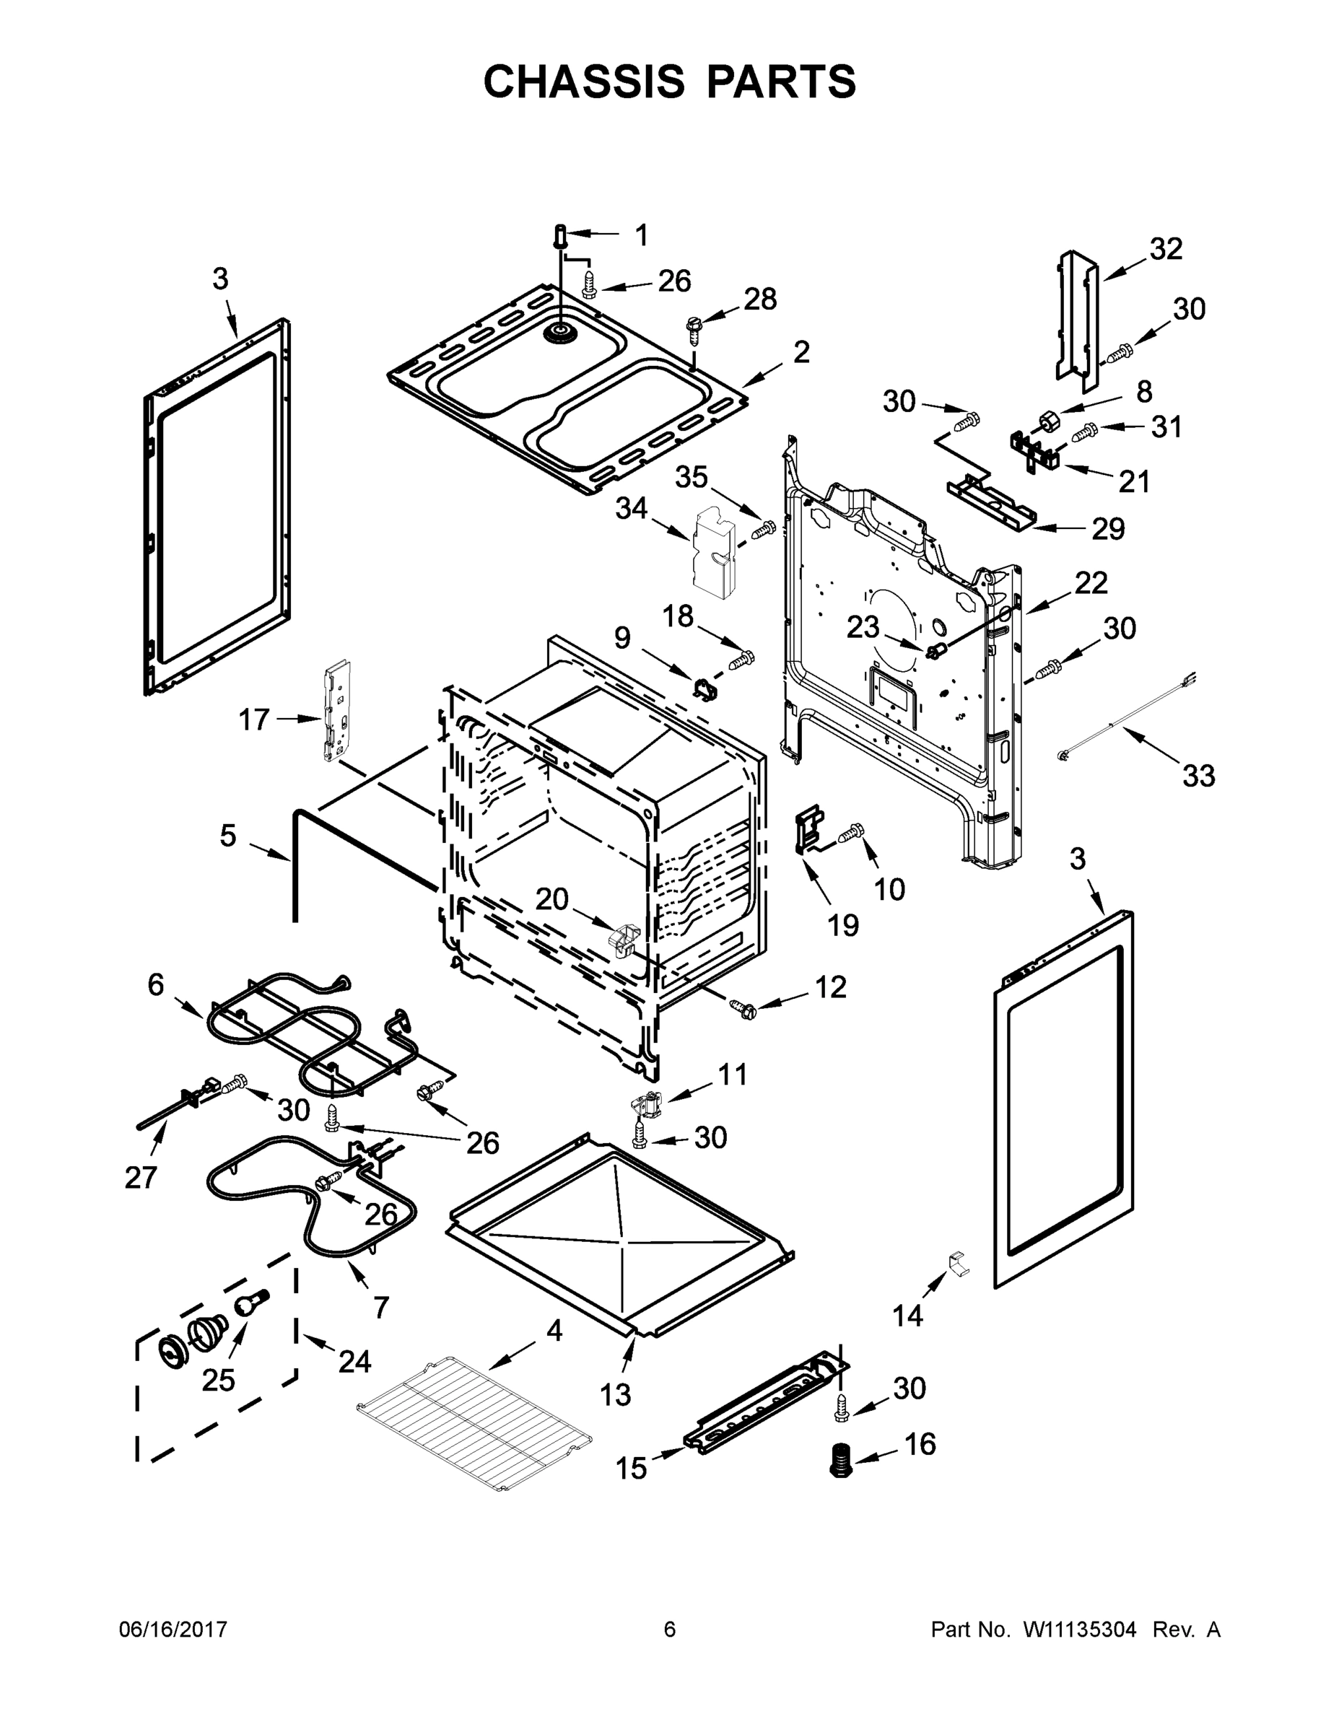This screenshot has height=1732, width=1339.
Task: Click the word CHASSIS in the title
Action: [x=584, y=82]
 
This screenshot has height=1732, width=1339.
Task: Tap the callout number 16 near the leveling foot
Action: [x=920, y=1444]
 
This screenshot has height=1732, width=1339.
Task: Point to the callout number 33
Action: [x=1198, y=776]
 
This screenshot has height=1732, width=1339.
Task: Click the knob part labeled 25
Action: [x=248, y=1303]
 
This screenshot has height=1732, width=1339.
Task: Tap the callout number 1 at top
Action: [x=641, y=235]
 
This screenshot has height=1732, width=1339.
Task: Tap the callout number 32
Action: [x=1165, y=249]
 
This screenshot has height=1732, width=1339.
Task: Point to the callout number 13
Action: [x=615, y=1394]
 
